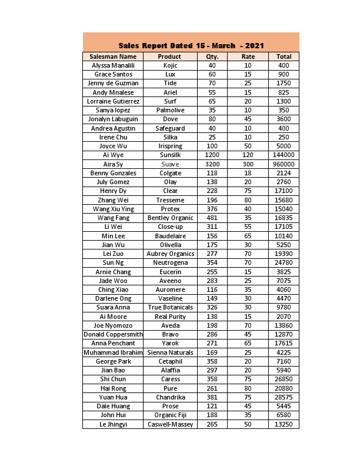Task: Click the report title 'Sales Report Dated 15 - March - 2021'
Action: (x=191, y=45)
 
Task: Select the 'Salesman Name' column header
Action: (x=113, y=56)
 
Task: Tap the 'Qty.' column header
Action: (x=212, y=56)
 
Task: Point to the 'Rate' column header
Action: (x=248, y=56)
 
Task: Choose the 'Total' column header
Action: (x=284, y=56)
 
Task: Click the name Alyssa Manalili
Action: (x=113, y=65)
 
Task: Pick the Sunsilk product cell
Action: (x=170, y=155)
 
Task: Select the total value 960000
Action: (x=284, y=164)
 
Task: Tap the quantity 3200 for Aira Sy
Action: (x=212, y=164)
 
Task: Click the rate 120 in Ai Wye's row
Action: (x=248, y=155)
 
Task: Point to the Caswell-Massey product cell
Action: (x=170, y=424)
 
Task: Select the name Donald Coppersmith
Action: (x=113, y=334)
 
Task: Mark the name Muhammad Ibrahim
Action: (x=113, y=352)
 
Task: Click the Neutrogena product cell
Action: (x=170, y=262)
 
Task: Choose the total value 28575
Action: (x=284, y=397)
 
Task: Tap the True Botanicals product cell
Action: (x=170, y=307)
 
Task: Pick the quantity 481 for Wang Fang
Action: (x=212, y=218)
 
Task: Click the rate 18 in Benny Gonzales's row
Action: (x=248, y=173)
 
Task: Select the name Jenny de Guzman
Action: (x=113, y=84)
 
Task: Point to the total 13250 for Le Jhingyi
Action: (x=284, y=424)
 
